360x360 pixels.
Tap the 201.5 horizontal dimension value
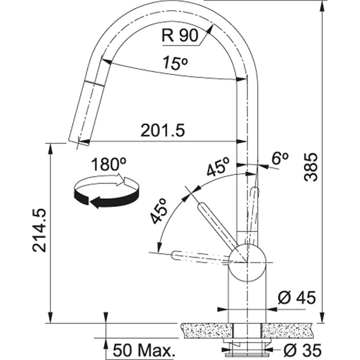(x=162, y=131)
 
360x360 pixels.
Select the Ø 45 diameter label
(x=297, y=298)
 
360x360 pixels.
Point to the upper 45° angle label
(x=218, y=167)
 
